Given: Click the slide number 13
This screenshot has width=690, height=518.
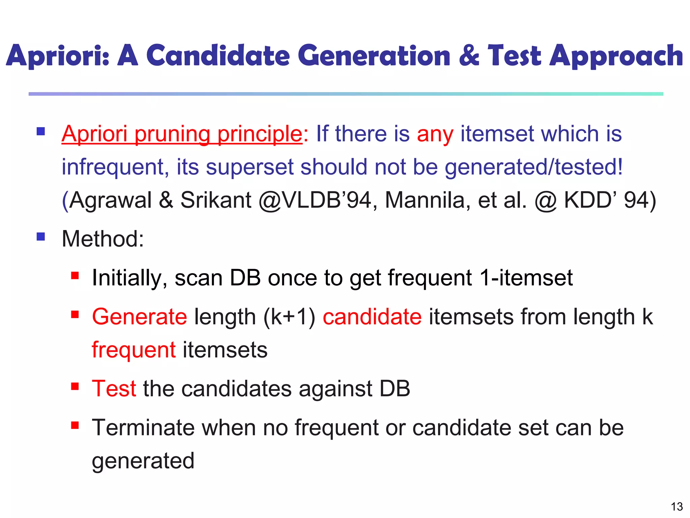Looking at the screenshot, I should point(677,507).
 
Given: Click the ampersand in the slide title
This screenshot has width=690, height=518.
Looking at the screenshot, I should point(469,56).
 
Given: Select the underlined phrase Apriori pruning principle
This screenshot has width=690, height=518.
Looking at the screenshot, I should point(182,134).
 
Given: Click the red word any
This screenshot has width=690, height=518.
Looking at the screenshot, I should point(435,134).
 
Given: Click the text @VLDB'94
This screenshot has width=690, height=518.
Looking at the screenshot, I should point(315,200).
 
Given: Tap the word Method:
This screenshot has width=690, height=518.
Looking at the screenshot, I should point(103,239).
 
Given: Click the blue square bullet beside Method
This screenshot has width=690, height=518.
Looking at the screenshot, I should point(41,236).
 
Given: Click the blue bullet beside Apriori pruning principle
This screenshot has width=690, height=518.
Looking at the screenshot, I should point(41,131).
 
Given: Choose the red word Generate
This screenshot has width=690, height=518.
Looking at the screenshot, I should point(139,317).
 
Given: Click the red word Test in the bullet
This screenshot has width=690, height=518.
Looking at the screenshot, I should point(114,388).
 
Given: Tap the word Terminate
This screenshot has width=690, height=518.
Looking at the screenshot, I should point(143,428).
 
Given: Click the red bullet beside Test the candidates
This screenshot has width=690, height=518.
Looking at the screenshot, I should point(75,386).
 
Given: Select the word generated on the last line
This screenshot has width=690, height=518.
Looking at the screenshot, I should point(143,461).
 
